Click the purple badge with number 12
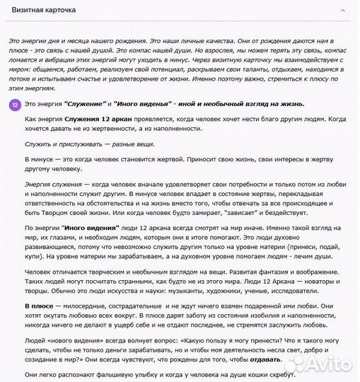click(16, 104)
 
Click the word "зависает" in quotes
click(230, 212)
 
